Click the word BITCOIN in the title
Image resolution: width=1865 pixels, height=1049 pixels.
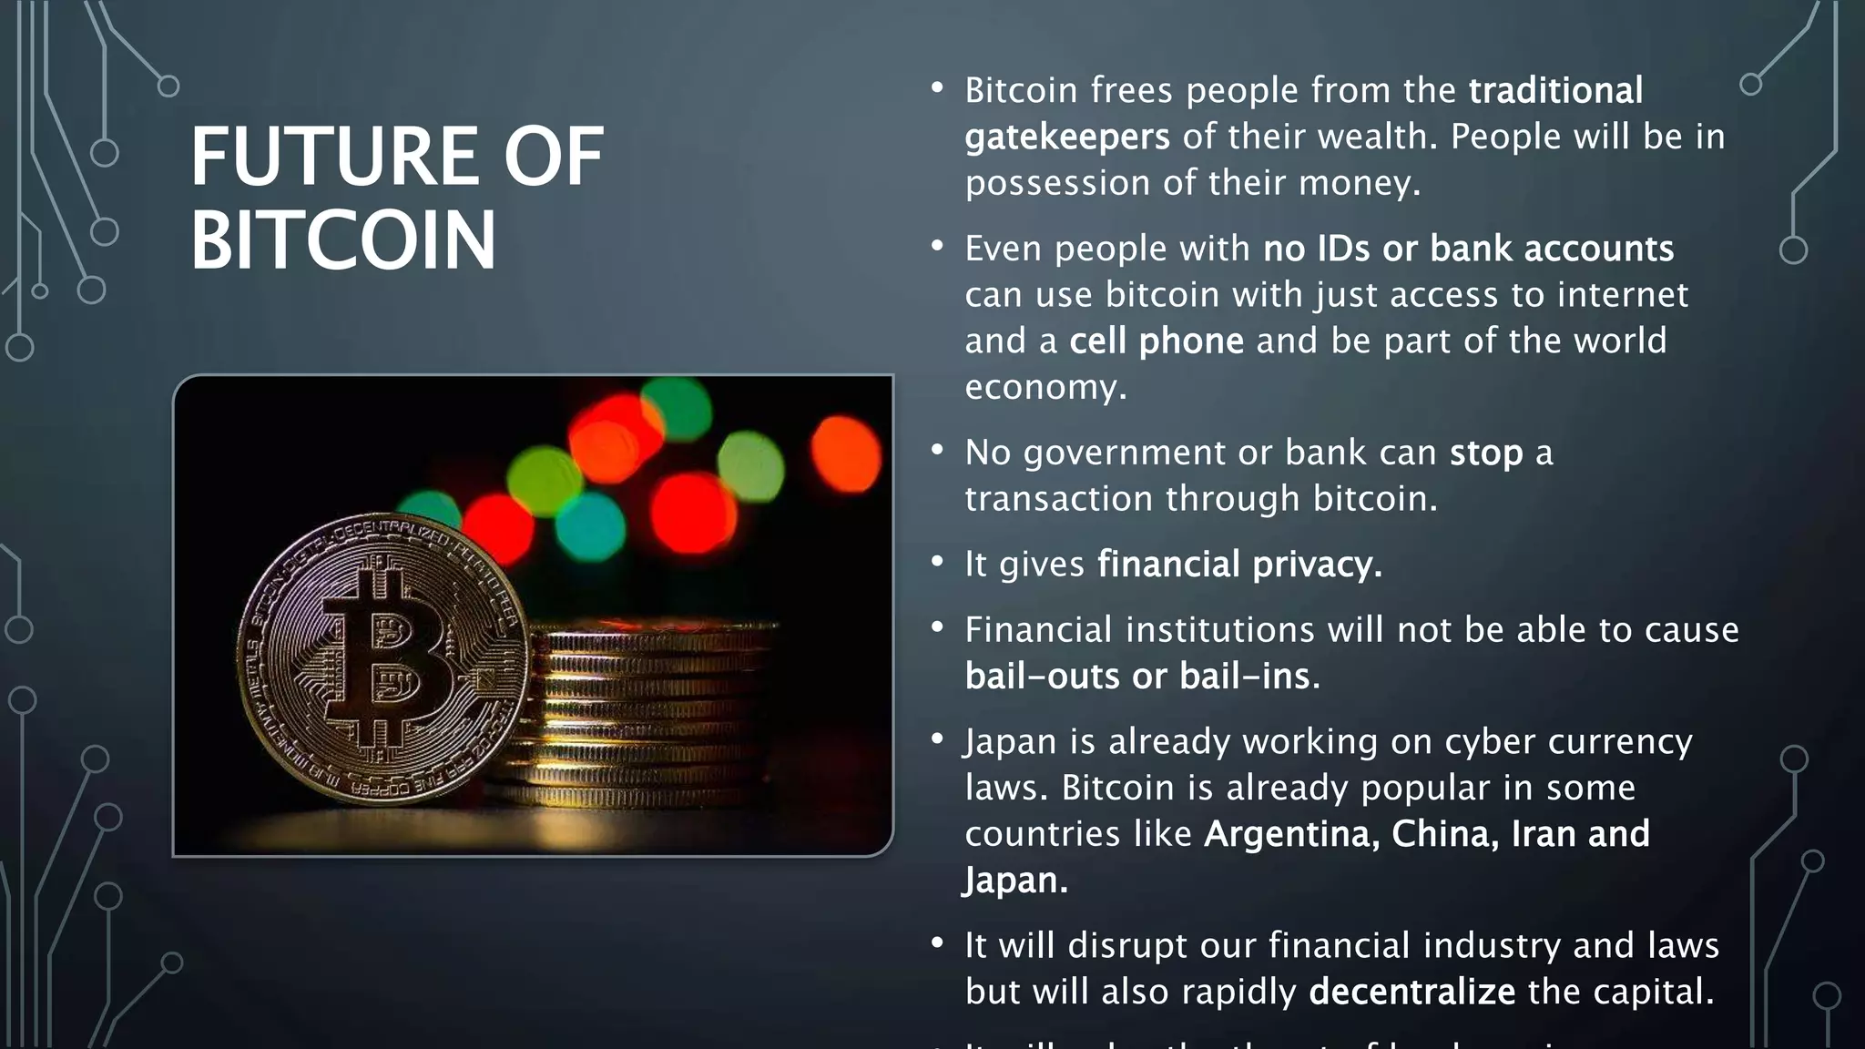click(x=343, y=240)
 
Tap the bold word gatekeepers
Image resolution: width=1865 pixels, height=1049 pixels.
click(x=1066, y=137)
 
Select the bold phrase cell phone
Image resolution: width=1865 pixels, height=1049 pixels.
click(x=1156, y=341)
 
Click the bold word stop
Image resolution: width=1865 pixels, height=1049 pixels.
click(x=1485, y=453)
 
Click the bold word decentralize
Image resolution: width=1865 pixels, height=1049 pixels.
click(x=1411, y=992)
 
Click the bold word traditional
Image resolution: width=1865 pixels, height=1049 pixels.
click(x=1555, y=91)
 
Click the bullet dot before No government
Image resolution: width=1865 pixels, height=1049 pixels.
click(x=937, y=450)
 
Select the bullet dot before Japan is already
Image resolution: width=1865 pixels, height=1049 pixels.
click(x=937, y=738)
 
